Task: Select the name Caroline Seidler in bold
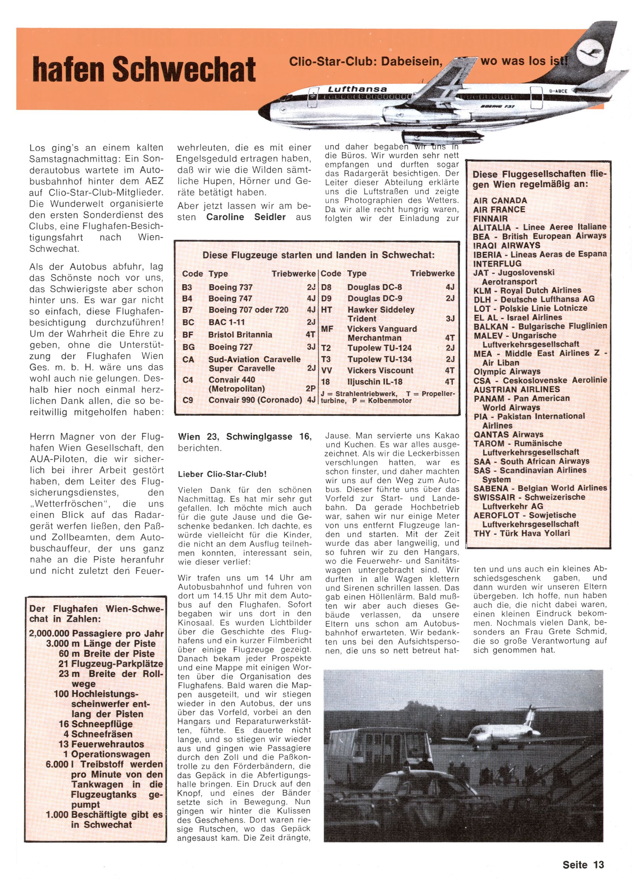coord(246,217)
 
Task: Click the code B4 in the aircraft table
coord(187,298)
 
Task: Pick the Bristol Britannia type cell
coord(240,335)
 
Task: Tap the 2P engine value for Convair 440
coord(311,389)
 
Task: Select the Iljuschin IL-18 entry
coord(374,382)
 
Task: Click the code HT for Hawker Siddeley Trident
coord(326,310)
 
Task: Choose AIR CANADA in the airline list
coord(500,200)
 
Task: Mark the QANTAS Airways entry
coord(508,434)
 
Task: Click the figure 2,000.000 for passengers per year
coord(49,634)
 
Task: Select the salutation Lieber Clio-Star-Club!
coord(222,474)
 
